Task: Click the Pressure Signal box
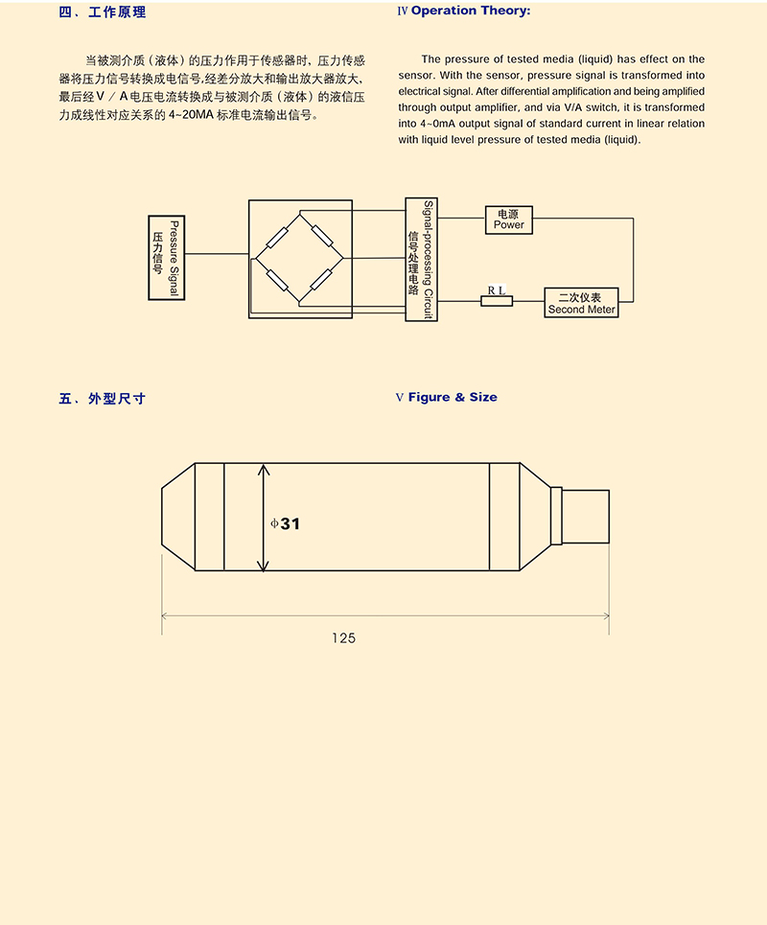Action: coord(166,257)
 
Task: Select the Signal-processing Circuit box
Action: coord(421,259)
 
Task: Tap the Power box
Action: coord(508,219)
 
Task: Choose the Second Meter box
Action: coord(581,302)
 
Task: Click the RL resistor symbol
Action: coord(497,301)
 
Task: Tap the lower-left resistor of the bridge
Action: coord(277,280)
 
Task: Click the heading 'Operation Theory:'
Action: coord(470,12)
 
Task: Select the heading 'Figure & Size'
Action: coord(453,397)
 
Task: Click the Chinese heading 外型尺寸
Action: coord(116,398)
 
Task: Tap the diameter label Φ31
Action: coord(286,523)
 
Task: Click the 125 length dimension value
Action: coord(343,637)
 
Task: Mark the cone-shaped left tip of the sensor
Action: coord(177,518)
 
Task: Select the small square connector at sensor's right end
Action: coord(585,517)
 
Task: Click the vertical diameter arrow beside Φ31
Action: coord(264,518)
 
